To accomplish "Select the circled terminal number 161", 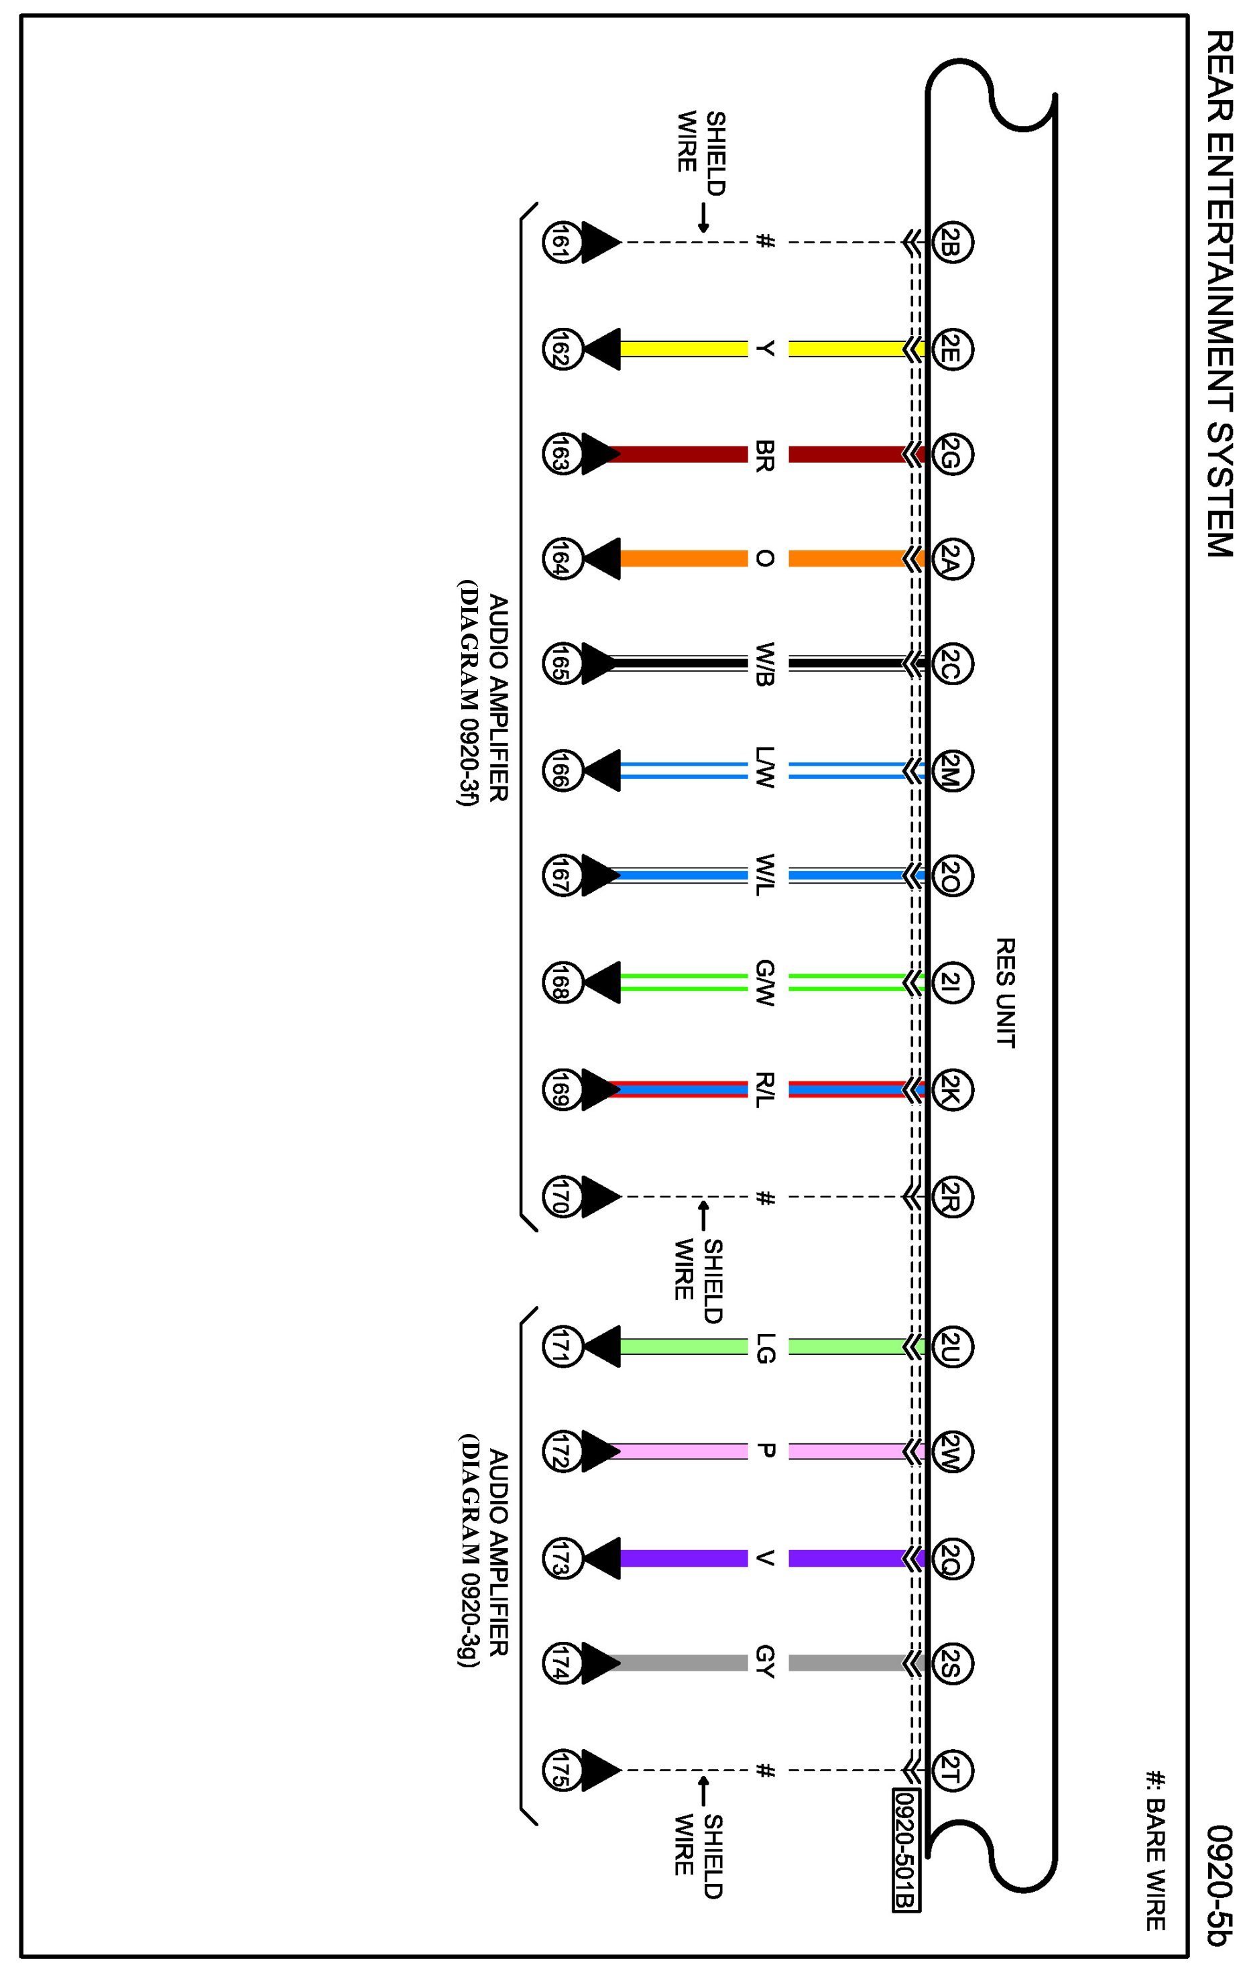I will pyautogui.click(x=561, y=243).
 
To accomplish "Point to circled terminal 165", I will pyautogui.click(x=561, y=664).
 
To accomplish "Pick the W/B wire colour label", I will pyautogui.click(x=764, y=665).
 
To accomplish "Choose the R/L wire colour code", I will pyautogui.click(x=764, y=1089).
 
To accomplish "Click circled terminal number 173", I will pyautogui.click(x=561, y=1558).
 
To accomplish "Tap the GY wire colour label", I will pyautogui.click(x=764, y=1663).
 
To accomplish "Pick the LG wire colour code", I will pyautogui.click(x=764, y=1347).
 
